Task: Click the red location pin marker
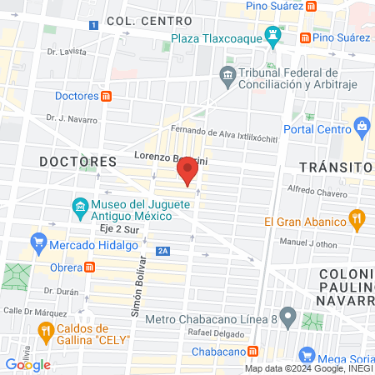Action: pyautogui.click(x=187, y=172)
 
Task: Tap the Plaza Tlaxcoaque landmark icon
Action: pyautogui.click(x=272, y=36)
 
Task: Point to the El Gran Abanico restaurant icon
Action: pyautogui.click(x=357, y=220)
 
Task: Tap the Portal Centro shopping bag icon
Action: pyautogui.click(x=362, y=127)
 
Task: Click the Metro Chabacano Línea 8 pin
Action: pyautogui.click(x=287, y=317)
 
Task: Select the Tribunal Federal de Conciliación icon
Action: pyautogui.click(x=227, y=77)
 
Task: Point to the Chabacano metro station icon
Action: pyautogui.click(x=262, y=350)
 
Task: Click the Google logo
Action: pyautogui.click(x=27, y=364)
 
